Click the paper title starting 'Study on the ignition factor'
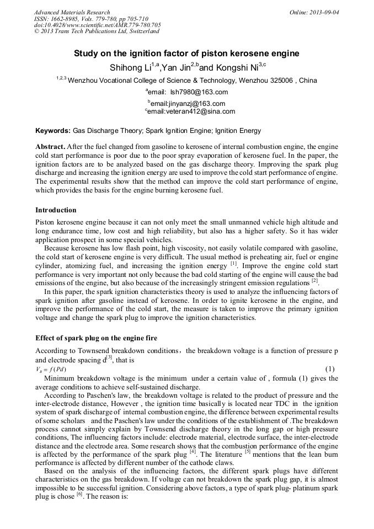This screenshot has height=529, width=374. coord(186,54)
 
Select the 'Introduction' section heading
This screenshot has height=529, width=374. coord(56,210)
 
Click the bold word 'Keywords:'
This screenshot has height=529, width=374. coord(52,131)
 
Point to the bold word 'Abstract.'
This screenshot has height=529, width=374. coord(50,147)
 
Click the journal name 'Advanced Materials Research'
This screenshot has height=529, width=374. coord(72,12)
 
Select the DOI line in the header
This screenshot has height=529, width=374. coord(97,25)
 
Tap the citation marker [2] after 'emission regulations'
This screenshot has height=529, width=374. coord(315,281)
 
